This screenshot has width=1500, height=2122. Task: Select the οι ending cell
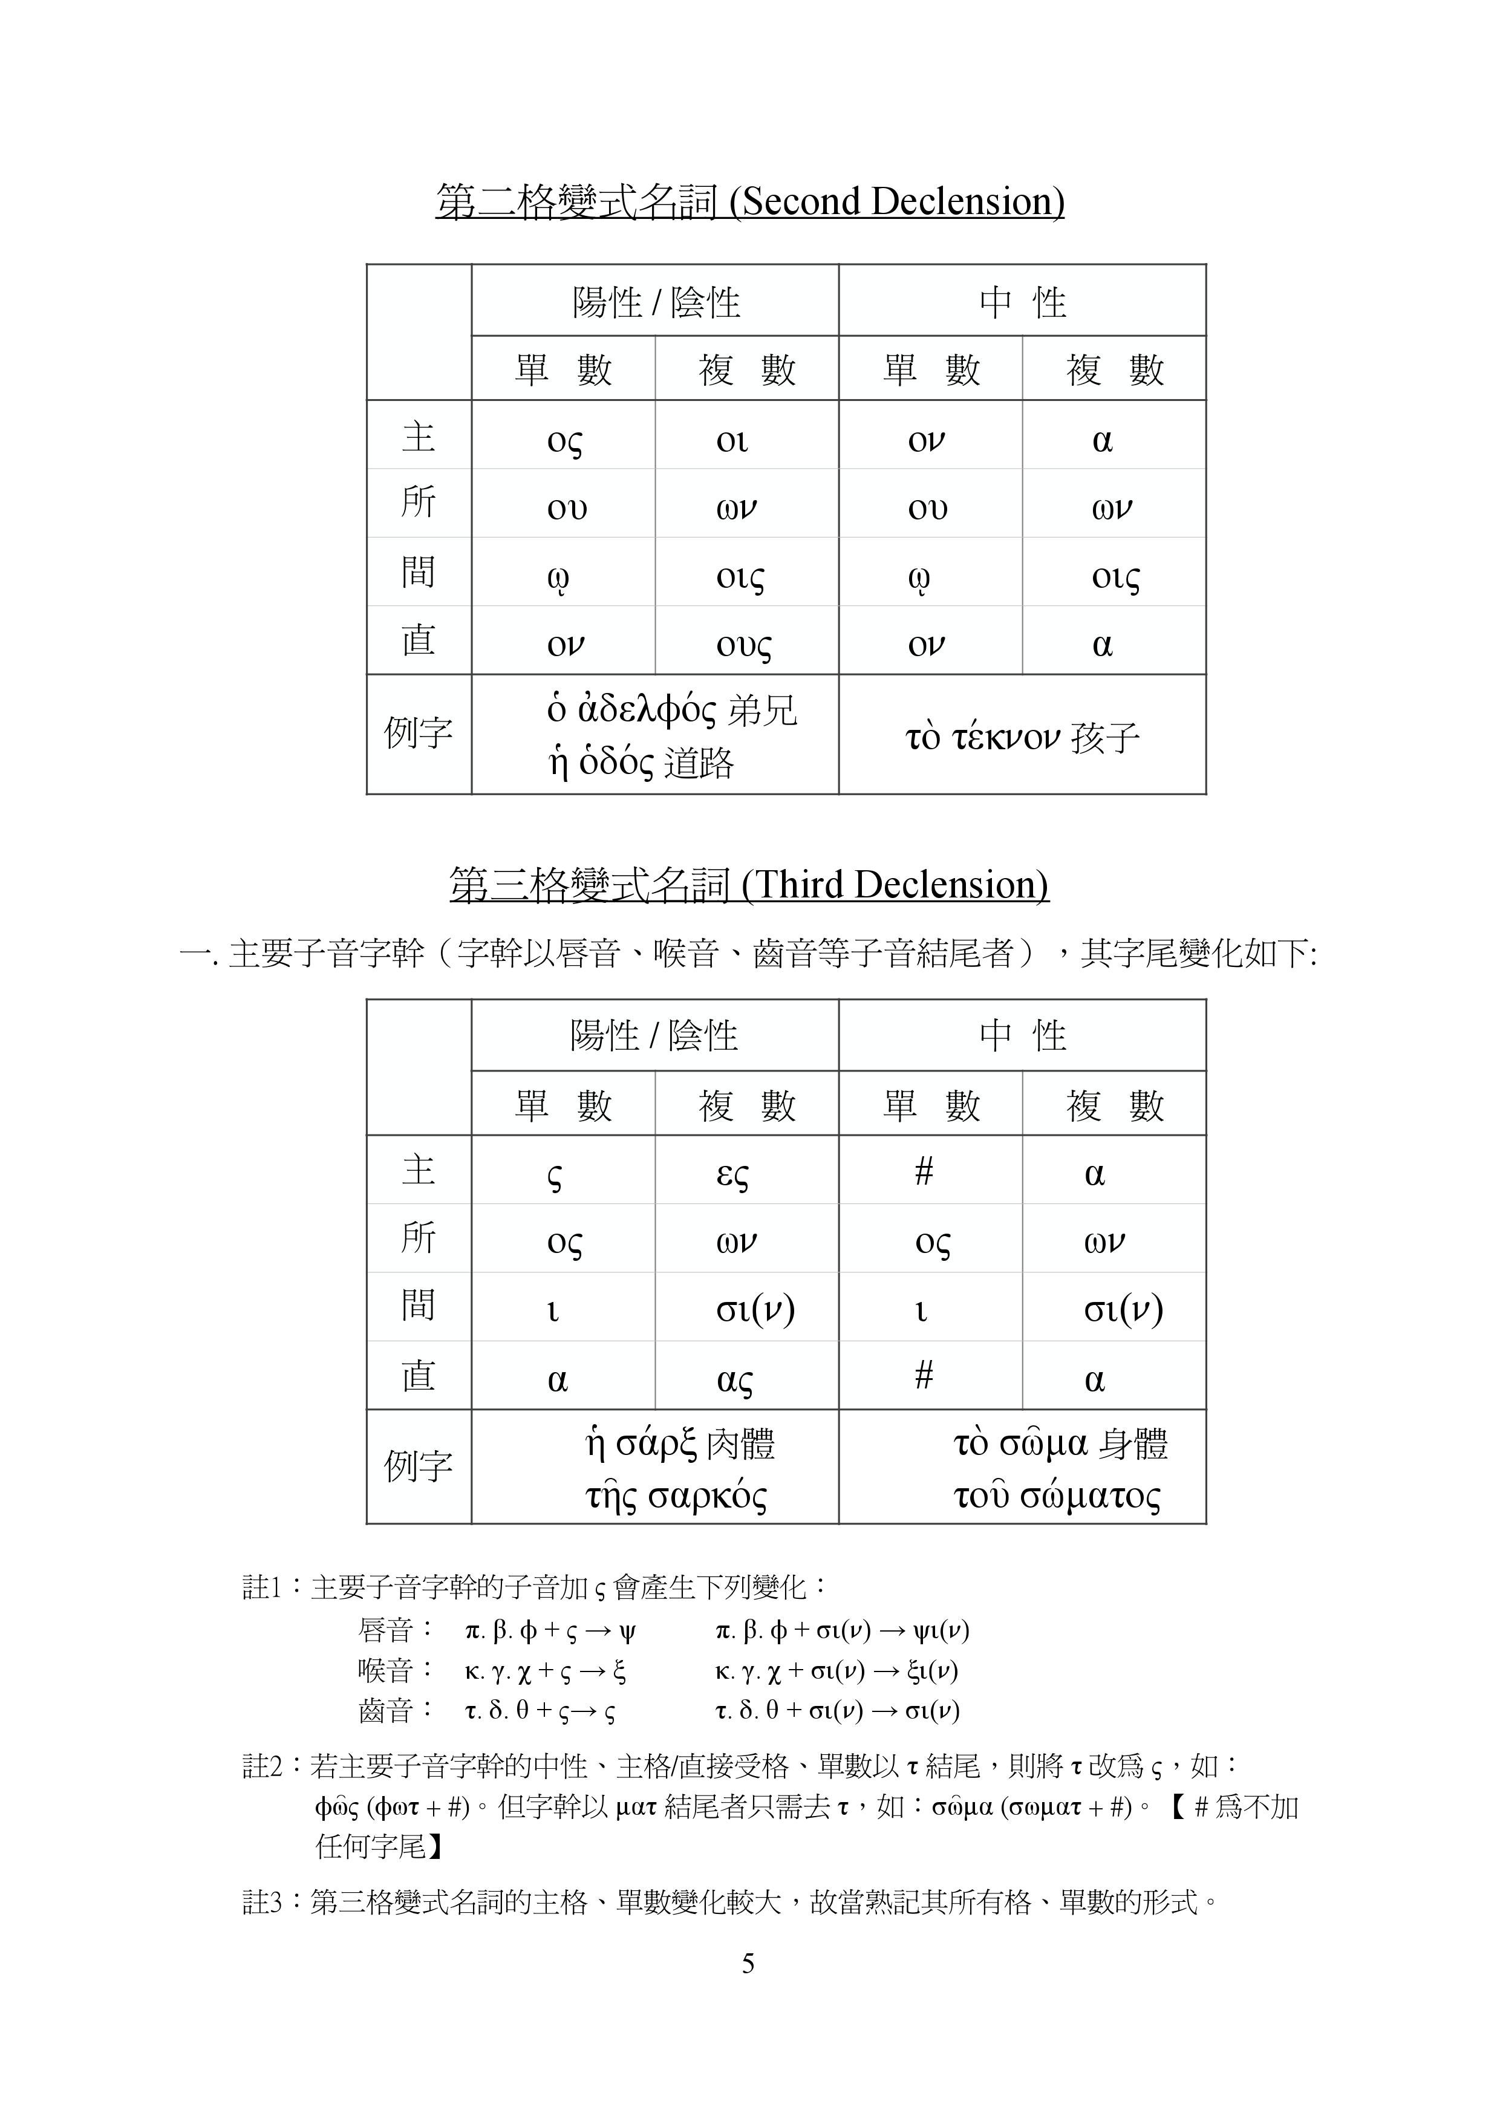(x=732, y=440)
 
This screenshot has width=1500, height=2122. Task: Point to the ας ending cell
(x=735, y=1379)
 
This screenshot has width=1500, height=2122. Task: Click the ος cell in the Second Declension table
(x=565, y=440)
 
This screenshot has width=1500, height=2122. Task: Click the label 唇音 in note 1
(x=385, y=1629)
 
